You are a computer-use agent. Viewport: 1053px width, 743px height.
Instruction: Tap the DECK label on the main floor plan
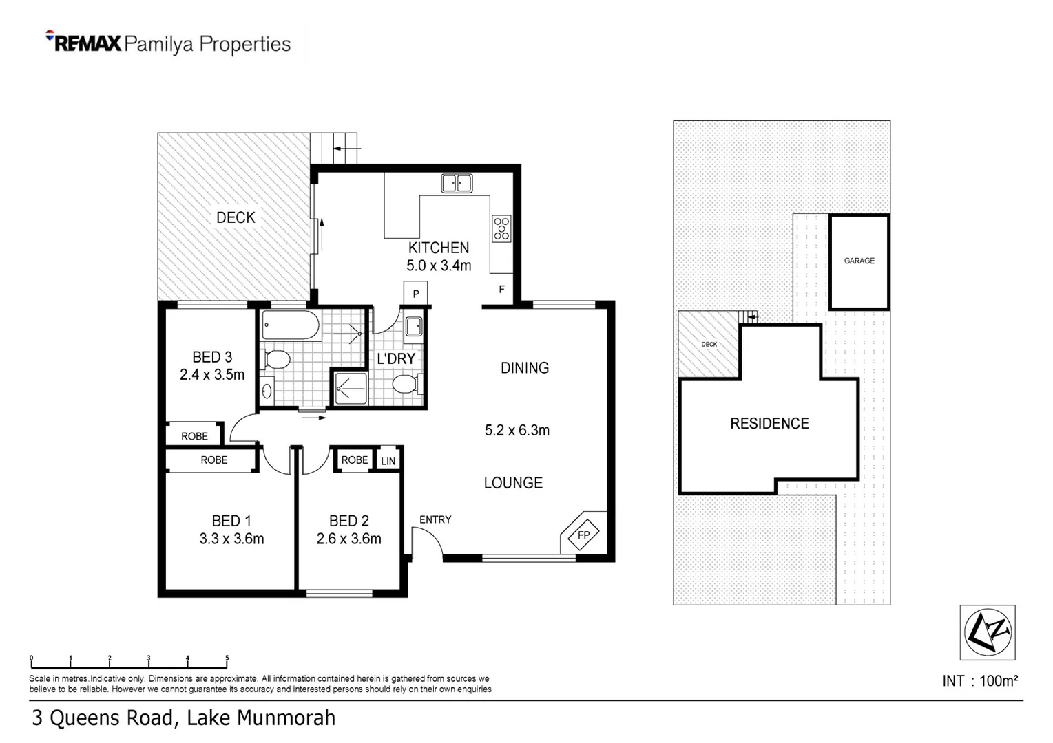pyautogui.click(x=236, y=217)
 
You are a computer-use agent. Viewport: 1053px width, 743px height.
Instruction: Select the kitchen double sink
pyautogui.click(x=457, y=184)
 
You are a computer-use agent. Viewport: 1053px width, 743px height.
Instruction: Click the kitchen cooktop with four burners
pyautogui.click(x=501, y=228)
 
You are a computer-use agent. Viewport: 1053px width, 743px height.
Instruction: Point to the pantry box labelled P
pyautogui.click(x=416, y=294)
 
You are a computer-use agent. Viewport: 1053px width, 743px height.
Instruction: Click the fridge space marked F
pyautogui.click(x=501, y=290)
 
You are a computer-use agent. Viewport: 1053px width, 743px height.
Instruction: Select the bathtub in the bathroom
pyautogui.click(x=291, y=325)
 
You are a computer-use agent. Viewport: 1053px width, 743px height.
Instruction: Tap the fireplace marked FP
pyautogui.click(x=583, y=534)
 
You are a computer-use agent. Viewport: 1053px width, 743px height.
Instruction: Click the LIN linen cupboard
pyautogui.click(x=388, y=461)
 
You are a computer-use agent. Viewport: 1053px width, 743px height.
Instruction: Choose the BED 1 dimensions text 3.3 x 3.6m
pyautogui.click(x=231, y=539)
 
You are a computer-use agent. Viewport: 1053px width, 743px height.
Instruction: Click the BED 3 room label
pyautogui.click(x=212, y=357)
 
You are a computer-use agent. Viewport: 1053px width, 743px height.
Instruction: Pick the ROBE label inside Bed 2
pyautogui.click(x=355, y=460)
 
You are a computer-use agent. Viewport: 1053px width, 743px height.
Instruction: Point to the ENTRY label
pyautogui.click(x=435, y=519)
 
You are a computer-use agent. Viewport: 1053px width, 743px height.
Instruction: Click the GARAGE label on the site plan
pyautogui.click(x=859, y=261)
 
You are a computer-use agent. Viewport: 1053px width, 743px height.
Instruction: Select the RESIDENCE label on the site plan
pyautogui.click(x=769, y=424)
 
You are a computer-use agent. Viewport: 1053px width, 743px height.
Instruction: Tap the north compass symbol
pyautogui.click(x=987, y=632)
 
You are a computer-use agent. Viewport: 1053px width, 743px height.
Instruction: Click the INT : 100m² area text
pyautogui.click(x=979, y=681)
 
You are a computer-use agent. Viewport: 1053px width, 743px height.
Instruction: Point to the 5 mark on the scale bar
pyautogui.click(x=227, y=658)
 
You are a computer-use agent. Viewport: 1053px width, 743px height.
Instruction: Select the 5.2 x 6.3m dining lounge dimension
pyautogui.click(x=517, y=431)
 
